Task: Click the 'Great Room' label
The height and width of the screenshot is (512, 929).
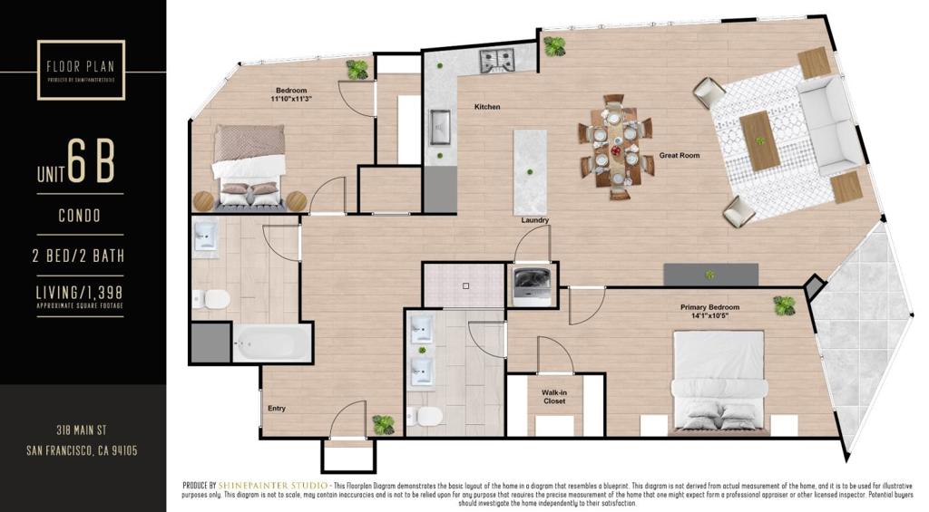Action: [680, 156]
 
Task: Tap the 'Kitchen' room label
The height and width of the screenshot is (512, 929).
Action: [487, 107]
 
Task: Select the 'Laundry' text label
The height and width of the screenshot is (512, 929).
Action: [534, 220]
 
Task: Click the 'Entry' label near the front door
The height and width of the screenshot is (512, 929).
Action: [277, 409]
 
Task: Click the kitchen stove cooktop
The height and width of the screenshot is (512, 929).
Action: [496, 61]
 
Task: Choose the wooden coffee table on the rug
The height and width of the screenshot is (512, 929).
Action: [759, 140]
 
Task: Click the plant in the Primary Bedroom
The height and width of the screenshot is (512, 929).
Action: [784, 305]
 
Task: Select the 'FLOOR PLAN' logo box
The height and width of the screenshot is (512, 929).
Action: [81, 70]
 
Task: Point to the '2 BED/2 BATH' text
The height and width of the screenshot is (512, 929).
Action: [80, 256]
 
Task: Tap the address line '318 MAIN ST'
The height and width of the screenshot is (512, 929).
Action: [82, 430]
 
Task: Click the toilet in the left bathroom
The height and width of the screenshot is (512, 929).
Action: [214, 299]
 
